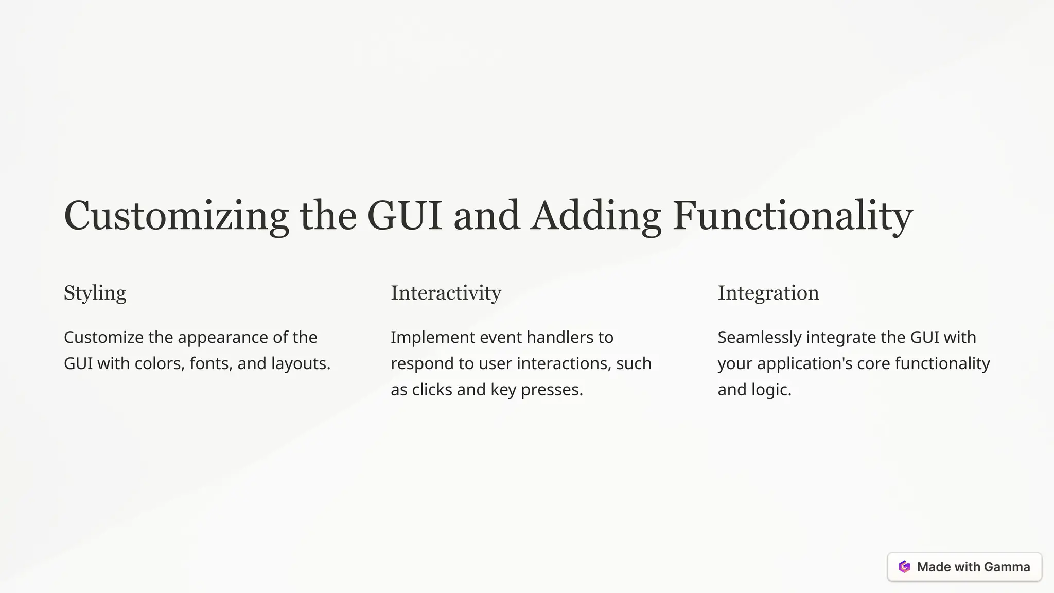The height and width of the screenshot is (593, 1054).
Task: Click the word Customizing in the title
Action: click(x=176, y=216)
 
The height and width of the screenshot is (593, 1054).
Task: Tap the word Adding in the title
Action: click(x=595, y=216)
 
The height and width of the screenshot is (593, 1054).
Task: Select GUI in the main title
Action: click(x=404, y=216)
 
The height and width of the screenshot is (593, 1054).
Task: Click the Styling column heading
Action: click(x=95, y=293)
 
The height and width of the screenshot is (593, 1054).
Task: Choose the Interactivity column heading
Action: click(x=446, y=293)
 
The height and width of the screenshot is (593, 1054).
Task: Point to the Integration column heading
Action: click(x=768, y=293)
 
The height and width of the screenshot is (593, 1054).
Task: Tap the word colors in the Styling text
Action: click(x=158, y=364)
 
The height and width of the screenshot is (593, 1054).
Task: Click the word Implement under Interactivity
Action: click(x=432, y=338)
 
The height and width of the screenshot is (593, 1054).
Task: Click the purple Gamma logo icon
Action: click(x=904, y=567)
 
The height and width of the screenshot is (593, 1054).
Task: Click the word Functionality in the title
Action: click(x=793, y=216)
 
